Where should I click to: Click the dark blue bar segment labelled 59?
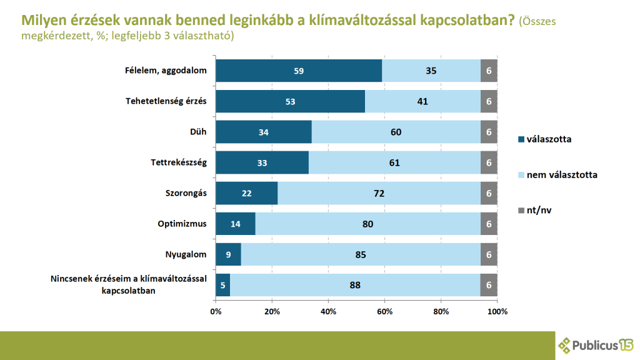299,71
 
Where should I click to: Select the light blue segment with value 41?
422,101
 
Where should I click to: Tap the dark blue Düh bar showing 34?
263,132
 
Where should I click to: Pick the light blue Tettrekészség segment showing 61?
394,162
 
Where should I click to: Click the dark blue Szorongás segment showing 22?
246,193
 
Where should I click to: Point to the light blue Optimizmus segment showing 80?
367,224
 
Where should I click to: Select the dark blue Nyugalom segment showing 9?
228,254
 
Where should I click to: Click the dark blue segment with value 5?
222,285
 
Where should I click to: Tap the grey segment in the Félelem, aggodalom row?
489,71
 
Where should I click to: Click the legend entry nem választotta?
561,174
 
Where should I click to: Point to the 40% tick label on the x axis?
328,311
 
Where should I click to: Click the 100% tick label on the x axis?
497,311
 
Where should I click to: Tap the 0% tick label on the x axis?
216,311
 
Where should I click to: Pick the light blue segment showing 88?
355,285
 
